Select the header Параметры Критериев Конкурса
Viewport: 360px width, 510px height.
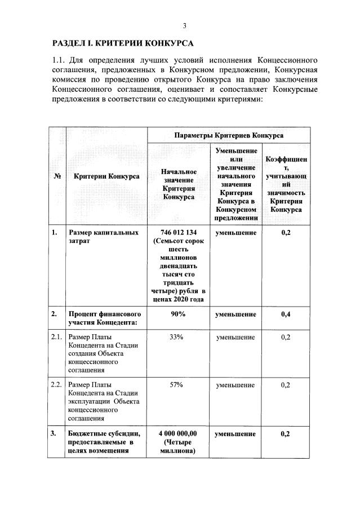coord(229,136)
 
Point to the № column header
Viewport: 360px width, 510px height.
coord(57,176)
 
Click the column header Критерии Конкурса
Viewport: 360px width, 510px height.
coord(106,176)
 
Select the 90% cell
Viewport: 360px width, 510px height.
coord(178,314)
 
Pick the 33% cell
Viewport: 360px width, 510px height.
coord(178,337)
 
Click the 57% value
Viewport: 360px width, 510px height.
coord(178,385)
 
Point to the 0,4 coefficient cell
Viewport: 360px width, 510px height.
coord(285,314)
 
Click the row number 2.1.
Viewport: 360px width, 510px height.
coord(56,337)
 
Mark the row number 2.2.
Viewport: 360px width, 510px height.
coord(56,385)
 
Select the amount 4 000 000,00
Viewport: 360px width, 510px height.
coord(178,434)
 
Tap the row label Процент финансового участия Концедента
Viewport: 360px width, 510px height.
coord(105,318)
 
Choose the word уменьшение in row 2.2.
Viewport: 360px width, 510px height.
coord(235,385)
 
